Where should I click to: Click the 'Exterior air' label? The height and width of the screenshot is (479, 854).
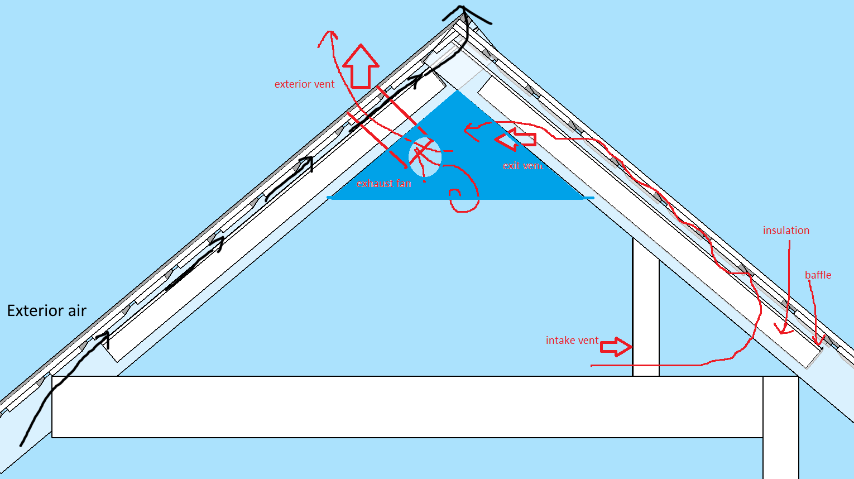coord(47,311)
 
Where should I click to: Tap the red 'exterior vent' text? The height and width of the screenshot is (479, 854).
coord(304,84)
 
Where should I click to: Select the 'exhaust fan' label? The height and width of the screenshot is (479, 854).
coord(383,184)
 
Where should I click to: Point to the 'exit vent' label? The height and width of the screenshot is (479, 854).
coord(522,166)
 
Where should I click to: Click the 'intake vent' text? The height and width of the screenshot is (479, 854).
coord(572,340)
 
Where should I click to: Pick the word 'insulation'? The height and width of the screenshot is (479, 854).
coord(786,231)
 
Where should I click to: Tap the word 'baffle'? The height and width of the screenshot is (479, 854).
coord(818,275)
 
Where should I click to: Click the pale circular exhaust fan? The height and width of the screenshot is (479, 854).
coord(425,156)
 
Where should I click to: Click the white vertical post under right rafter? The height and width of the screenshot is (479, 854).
coord(646,307)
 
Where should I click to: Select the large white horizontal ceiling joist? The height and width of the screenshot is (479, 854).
coord(407,406)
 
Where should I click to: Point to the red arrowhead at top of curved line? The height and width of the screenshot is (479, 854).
coord(329,36)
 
